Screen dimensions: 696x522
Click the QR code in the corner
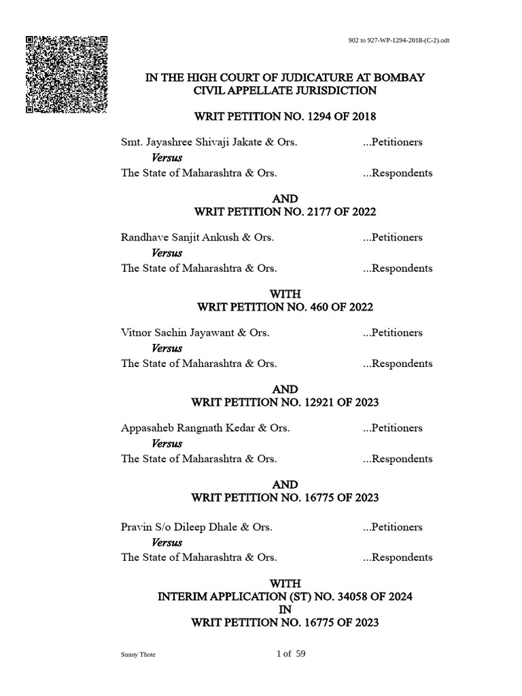pyautogui.click(x=67, y=74)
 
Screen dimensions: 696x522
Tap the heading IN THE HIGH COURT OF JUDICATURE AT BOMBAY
pyautogui.click(x=285, y=77)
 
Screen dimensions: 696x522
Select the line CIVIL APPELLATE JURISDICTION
pyautogui.click(x=285, y=90)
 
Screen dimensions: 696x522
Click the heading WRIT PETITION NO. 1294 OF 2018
pyautogui.click(x=285, y=117)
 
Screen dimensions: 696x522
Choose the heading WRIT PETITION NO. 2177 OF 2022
pyautogui.click(x=285, y=212)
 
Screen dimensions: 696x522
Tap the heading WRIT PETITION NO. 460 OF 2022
pyautogui.click(x=285, y=307)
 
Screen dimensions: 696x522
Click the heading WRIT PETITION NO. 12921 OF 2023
pyautogui.click(x=285, y=402)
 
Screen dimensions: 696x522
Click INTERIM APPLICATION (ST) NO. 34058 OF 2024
pyautogui.click(x=285, y=596)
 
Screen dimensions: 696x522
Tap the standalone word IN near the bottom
pyautogui.click(x=285, y=609)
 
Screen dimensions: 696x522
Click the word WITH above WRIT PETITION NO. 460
pyautogui.click(x=285, y=294)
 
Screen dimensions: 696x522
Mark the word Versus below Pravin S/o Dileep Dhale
pyautogui.click(x=167, y=542)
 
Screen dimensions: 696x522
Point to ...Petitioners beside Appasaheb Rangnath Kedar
pyautogui.click(x=393, y=428)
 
